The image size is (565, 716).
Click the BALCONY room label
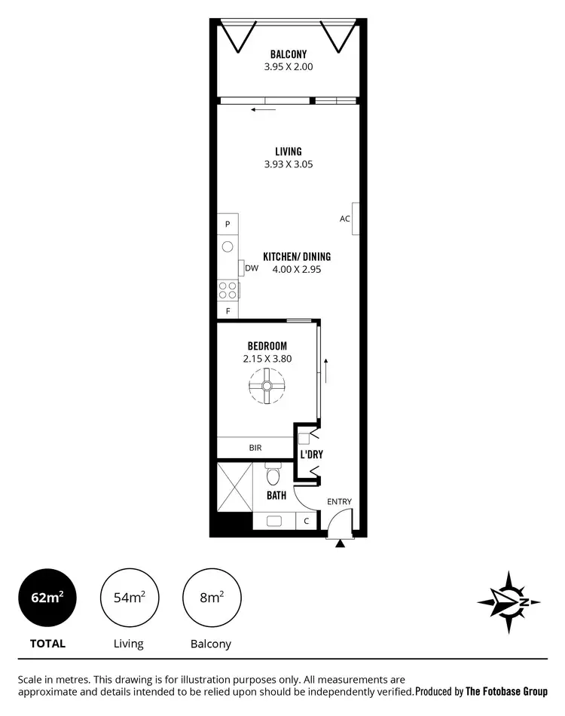point(288,54)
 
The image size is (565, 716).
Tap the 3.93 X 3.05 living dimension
point(288,164)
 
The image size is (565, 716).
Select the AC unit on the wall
point(354,219)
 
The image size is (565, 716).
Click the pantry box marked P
point(228,224)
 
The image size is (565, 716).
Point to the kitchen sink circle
point(228,246)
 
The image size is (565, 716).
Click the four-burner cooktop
point(228,289)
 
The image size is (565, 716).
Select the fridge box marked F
point(228,311)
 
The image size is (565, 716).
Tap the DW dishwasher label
point(252,268)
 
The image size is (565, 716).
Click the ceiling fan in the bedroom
point(267,386)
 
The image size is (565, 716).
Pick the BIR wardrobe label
point(255,448)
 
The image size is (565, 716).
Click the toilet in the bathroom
point(273,476)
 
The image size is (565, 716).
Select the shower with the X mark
point(234,487)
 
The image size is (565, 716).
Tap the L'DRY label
point(311,456)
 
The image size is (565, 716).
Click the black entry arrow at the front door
point(341,543)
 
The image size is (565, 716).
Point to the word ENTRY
point(338,502)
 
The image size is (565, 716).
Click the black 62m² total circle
point(47,598)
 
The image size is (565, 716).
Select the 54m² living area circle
point(130,598)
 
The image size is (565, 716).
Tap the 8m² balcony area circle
point(211,598)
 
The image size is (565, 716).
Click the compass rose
point(510,601)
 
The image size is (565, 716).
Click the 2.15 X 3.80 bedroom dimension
point(267,359)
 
